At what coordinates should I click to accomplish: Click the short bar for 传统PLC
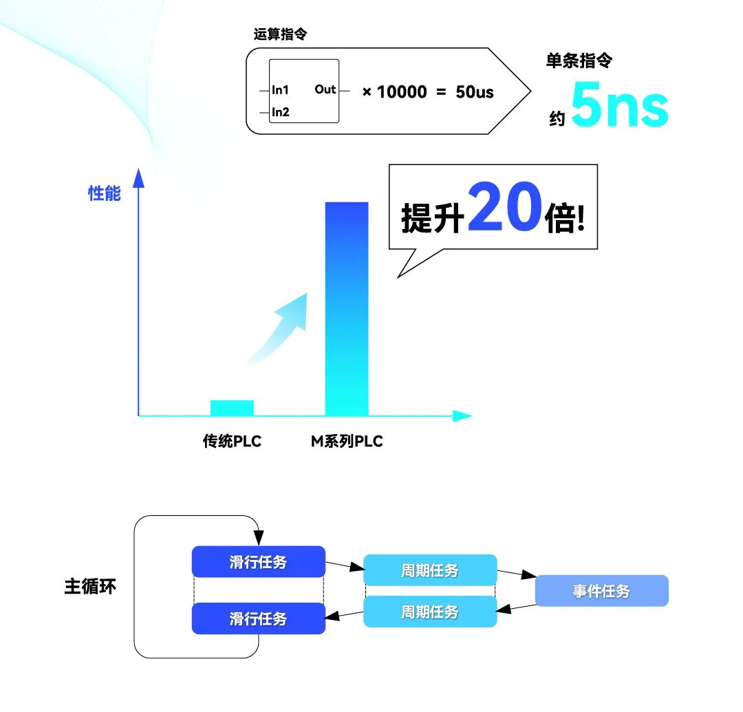232,408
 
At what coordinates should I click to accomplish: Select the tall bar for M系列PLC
346,310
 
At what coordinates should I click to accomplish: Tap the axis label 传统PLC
232,442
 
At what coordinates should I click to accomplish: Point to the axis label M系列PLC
347,442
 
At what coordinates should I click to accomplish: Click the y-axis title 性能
104,194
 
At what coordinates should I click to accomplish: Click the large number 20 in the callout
504,207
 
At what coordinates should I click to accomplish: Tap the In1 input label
280,90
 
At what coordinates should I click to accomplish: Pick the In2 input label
280,112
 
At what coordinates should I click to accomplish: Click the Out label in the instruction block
325,89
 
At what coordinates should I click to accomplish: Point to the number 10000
402,91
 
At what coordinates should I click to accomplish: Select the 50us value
475,91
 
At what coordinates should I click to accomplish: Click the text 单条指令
579,61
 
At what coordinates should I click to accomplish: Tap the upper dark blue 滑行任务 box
258,562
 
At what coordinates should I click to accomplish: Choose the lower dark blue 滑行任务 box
258,618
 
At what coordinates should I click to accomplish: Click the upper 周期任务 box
429,570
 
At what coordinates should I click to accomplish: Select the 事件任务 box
601,591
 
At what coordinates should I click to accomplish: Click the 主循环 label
90,587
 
